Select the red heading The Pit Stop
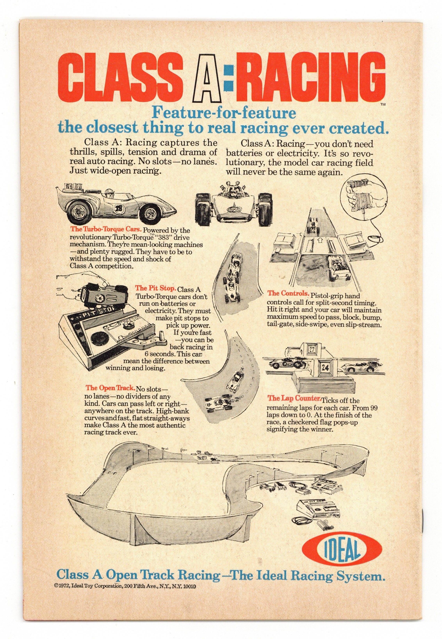coord(155,288)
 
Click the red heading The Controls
coord(288,293)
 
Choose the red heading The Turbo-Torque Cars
coord(106,229)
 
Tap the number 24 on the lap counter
coord(325,368)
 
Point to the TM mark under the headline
coord(383,105)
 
